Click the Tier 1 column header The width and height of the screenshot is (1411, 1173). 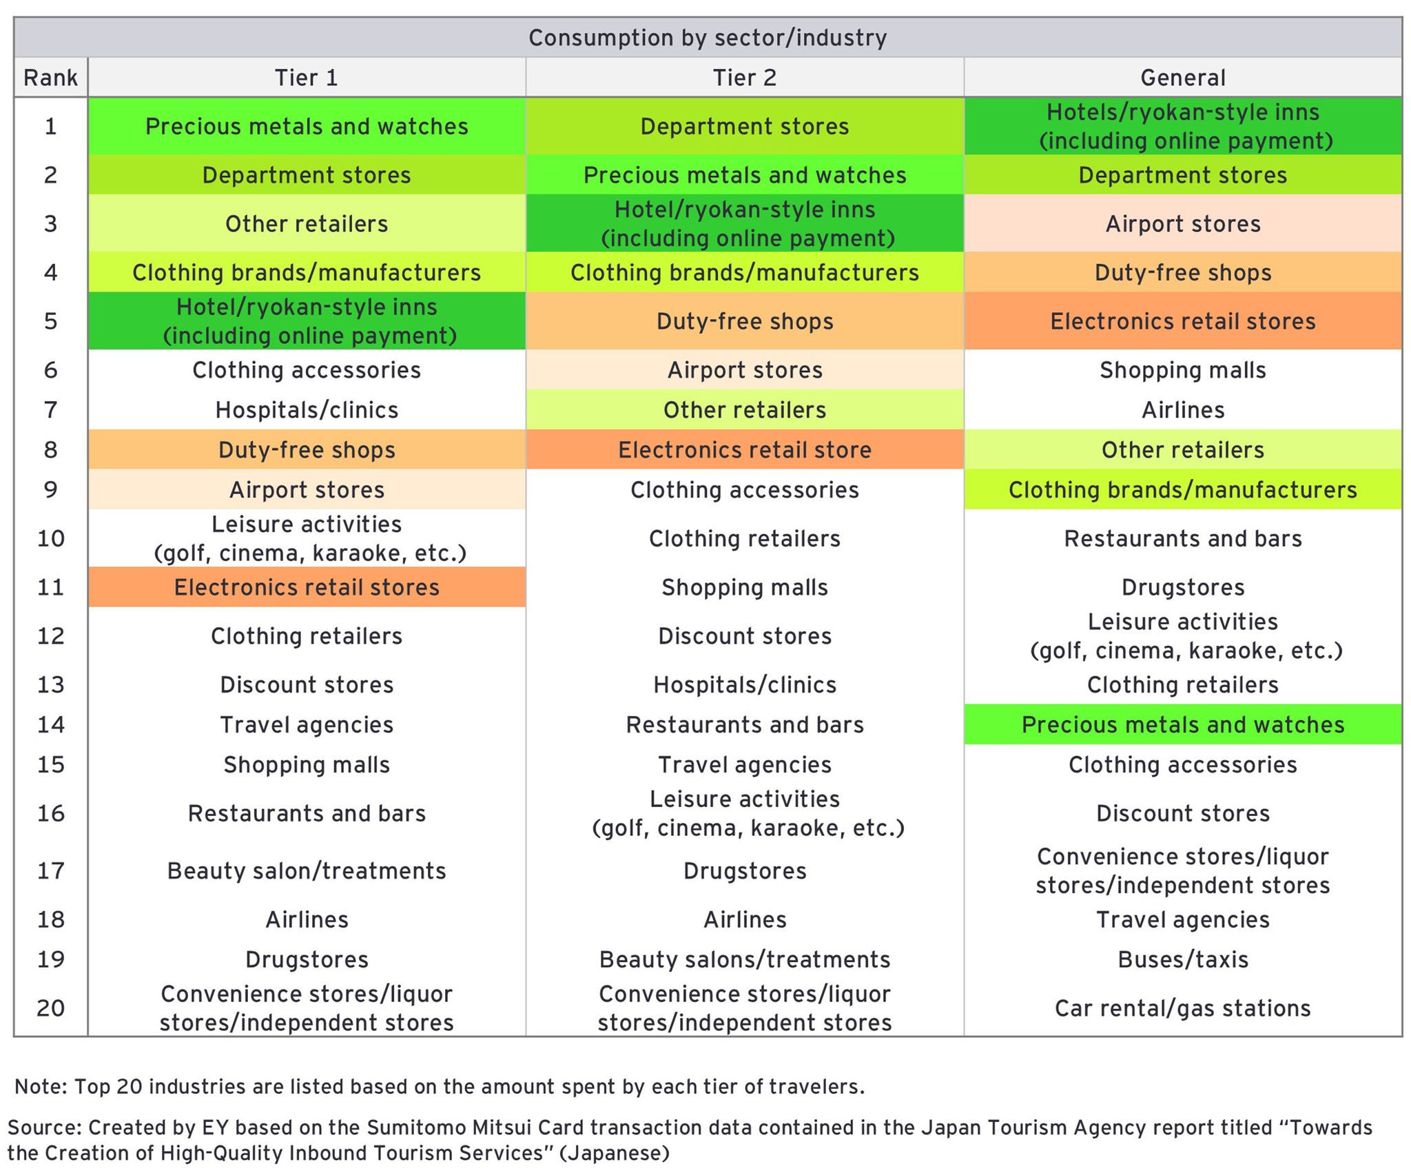(x=307, y=77)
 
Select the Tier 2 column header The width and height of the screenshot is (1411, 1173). (x=744, y=77)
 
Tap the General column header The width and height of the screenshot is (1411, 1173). (x=1182, y=77)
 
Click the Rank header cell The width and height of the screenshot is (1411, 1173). (x=50, y=77)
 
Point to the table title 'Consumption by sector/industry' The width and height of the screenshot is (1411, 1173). (x=708, y=37)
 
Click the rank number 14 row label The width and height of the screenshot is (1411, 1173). (x=50, y=724)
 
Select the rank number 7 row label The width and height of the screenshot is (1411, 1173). (x=50, y=410)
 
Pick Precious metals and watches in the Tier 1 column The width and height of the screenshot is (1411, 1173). (x=307, y=127)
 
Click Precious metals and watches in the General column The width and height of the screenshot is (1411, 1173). (x=1182, y=724)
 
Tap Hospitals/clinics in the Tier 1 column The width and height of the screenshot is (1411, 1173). (x=307, y=410)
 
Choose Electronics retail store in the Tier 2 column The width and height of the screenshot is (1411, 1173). (x=744, y=450)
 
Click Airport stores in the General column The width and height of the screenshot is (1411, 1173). (x=1182, y=224)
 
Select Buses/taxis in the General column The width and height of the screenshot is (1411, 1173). (x=1182, y=959)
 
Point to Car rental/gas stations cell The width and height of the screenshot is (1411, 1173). (x=1182, y=1008)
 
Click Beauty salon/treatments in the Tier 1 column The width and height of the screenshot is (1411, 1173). (x=307, y=871)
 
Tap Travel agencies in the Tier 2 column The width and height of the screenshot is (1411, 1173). (x=744, y=765)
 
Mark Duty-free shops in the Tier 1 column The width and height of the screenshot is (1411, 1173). (x=307, y=450)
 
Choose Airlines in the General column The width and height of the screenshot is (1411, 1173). (x=1182, y=410)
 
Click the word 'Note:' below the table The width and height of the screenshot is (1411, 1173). (x=41, y=1087)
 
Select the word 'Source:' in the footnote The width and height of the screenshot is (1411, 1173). (x=44, y=1128)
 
